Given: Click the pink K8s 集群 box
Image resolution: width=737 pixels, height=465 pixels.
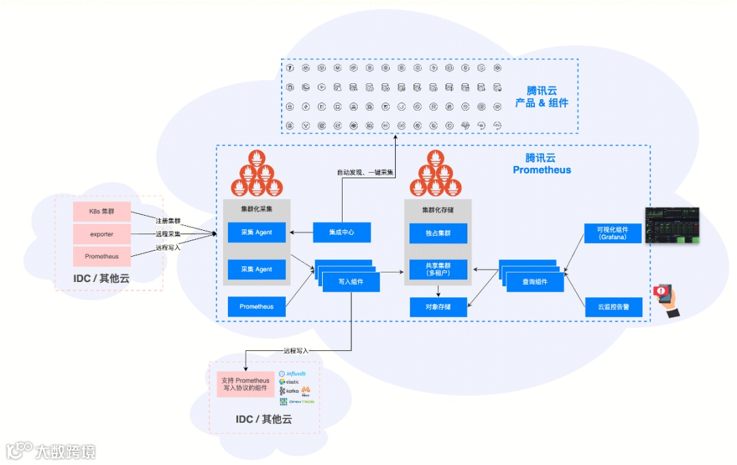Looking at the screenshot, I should coord(102,212).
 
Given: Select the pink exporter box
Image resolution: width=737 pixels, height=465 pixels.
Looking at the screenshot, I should coord(102,234).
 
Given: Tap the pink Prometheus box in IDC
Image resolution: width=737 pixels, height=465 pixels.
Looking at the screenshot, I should coord(102,257).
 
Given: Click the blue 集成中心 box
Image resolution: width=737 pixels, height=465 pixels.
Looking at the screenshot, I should coord(341,232).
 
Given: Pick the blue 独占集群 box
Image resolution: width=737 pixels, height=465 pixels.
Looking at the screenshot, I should coord(438,233).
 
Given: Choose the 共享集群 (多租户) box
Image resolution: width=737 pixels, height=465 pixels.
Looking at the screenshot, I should coord(438,269).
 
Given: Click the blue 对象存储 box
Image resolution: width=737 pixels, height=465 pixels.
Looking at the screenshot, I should coord(438,307).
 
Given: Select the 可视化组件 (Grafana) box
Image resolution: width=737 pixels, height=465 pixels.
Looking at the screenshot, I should coord(613,233).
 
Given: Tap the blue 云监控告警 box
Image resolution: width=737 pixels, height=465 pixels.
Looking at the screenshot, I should coord(613,307).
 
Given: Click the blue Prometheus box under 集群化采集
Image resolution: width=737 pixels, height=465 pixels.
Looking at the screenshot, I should coord(257,307).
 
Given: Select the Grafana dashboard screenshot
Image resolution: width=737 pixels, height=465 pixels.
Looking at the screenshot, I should coord(672,225).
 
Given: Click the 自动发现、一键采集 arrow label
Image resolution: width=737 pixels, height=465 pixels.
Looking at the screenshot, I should coord(365,172).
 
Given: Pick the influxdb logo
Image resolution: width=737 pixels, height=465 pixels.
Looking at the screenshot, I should coord(293,374).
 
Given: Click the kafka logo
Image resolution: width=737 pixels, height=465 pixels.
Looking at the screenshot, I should coord(289,391).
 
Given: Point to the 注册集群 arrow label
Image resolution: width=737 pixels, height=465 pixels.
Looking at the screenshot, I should coord(168,221).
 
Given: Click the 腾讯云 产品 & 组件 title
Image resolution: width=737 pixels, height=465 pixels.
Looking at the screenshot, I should coord(542,97).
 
